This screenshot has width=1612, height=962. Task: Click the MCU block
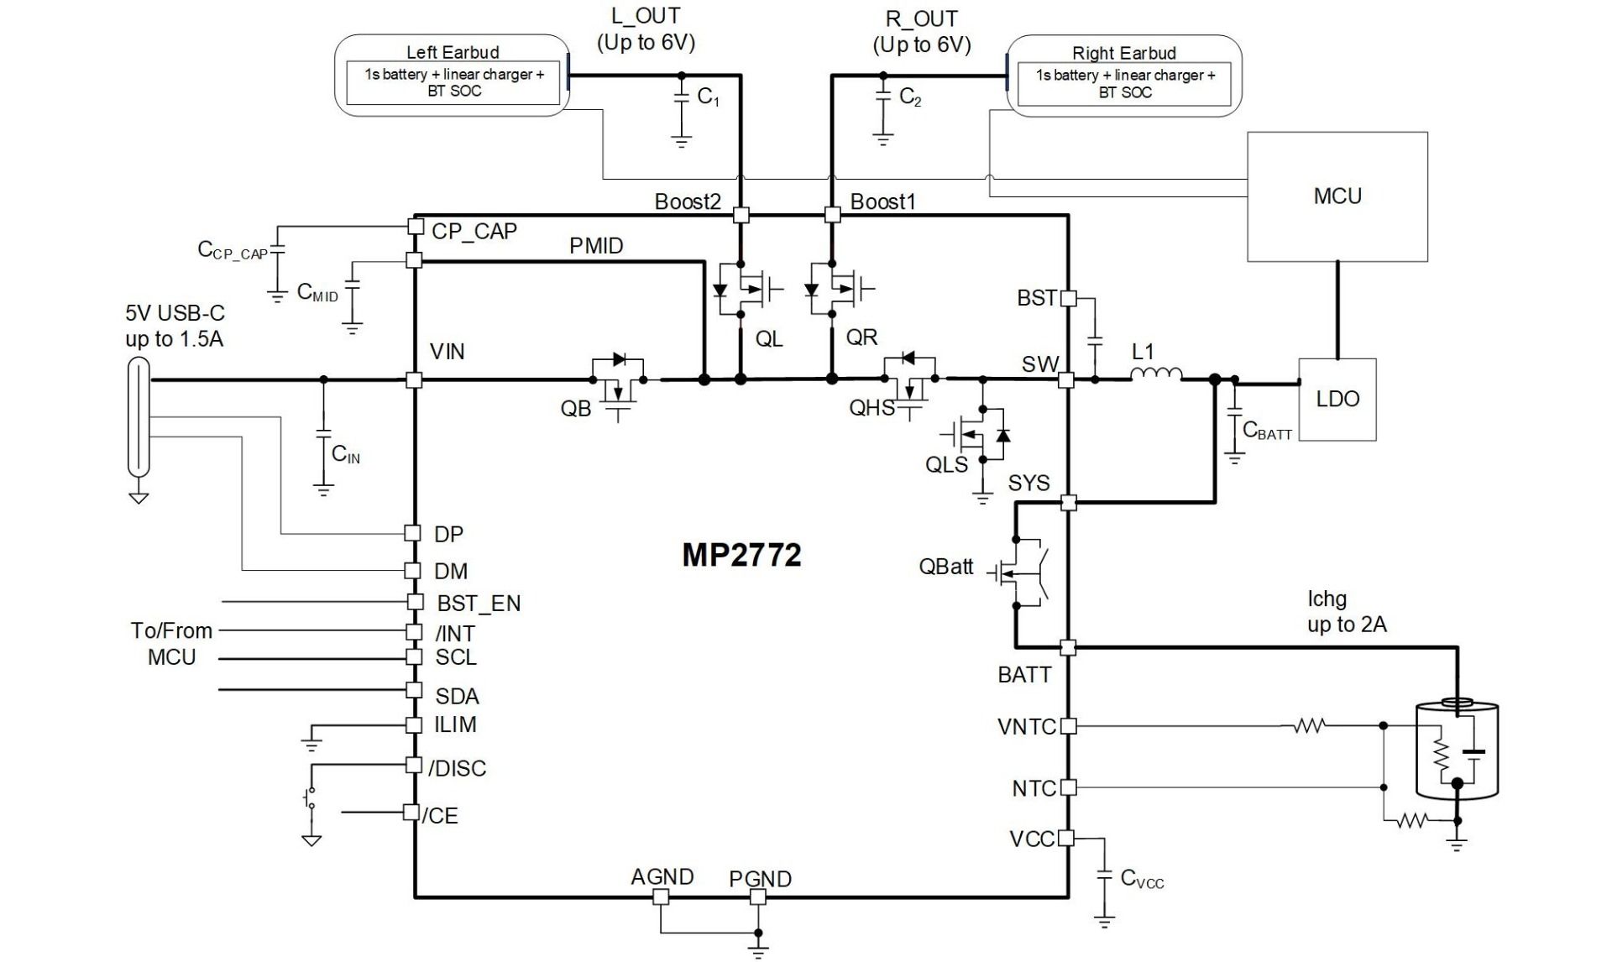(x=1337, y=196)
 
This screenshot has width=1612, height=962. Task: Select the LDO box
(x=1337, y=399)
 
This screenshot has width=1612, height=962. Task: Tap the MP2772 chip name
(x=741, y=555)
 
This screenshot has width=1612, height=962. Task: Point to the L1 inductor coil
(x=1156, y=374)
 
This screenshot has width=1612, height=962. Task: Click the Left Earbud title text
(x=453, y=52)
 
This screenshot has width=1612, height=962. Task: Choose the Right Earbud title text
(x=1123, y=53)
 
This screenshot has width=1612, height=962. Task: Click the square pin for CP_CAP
(x=415, y=227)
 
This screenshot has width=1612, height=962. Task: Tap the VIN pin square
(x=414, y=379)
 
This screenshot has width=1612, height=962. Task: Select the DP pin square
(x=412, y=533)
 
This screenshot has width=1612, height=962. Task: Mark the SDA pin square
(x=414, y=690)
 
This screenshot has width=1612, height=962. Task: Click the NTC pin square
(x=1068, y=787)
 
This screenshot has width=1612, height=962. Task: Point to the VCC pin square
(x=1066, y=837)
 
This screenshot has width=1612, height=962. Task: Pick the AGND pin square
(x=661, y=897)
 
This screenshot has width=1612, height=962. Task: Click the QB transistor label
(x=576, y=409)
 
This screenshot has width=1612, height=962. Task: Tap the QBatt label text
(x=945, y=567)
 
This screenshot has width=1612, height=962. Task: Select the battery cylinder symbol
(x=1457, y=750)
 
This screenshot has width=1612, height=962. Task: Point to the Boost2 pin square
(x=741, y=215)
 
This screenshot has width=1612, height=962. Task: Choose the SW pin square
(x=1065, y=379)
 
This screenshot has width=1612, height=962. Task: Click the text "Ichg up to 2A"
(x=1346, y=611)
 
